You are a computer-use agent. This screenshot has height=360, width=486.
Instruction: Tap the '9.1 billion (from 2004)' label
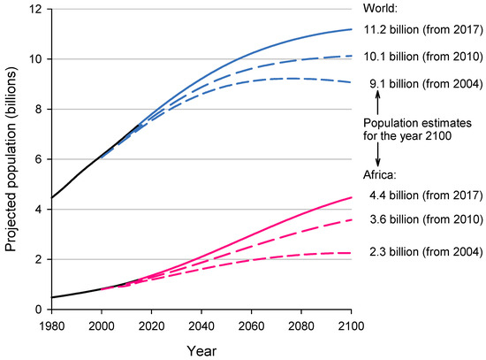422,85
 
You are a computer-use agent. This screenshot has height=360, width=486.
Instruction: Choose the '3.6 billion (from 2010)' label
422,218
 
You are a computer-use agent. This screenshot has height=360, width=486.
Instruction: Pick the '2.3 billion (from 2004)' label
422,251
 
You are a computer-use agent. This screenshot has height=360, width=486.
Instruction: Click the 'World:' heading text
379,8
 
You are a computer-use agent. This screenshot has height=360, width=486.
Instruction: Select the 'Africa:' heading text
380,175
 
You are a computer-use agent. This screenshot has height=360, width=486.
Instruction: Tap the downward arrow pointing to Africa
378,154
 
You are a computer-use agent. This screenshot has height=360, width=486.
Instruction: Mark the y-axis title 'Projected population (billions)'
11,160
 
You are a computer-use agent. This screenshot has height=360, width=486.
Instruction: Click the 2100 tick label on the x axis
352,325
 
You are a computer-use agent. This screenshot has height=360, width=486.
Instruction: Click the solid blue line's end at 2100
351,29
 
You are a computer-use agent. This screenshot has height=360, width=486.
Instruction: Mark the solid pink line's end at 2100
351,197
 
